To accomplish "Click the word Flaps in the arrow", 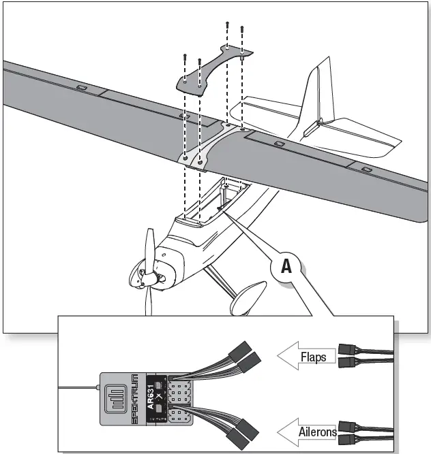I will pyautogui.click(x=313, y=356).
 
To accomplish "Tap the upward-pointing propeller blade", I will pyautogui.click(x=151, y=246).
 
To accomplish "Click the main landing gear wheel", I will pyautogui.click(x=247, y=298).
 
